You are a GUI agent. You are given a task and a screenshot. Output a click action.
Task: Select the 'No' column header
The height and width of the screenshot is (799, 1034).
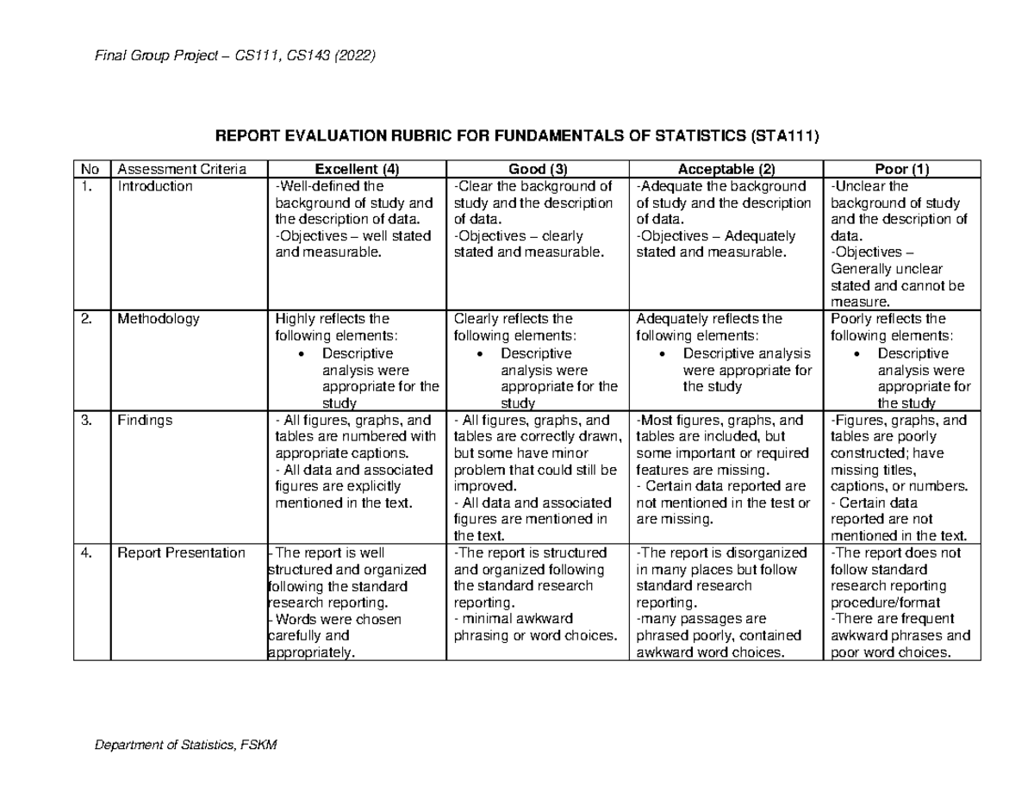coord(87,169)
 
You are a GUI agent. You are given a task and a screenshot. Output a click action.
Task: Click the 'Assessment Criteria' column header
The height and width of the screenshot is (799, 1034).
coord(182,169)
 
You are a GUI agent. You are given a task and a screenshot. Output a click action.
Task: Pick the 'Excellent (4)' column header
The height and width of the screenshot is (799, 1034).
coord(357,169)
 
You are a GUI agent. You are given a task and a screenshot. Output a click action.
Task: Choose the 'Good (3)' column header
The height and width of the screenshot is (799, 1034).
coord(537,169)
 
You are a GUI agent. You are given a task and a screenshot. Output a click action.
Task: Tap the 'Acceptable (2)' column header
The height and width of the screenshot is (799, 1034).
coord(726,169)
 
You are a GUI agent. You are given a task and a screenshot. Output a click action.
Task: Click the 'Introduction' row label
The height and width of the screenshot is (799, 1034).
coord(155,185)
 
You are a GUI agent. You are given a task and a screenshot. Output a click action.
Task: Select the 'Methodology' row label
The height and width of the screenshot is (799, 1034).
coord(159,319)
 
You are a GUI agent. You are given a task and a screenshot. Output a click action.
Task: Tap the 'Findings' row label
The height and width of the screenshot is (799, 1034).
coord(145,421)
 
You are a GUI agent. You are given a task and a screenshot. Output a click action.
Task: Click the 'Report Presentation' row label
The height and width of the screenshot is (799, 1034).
coord(181,553)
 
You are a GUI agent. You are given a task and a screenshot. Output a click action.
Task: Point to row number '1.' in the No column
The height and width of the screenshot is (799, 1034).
coord(84,185)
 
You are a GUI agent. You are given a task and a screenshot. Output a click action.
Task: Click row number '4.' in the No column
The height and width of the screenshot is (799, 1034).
coord(84,553)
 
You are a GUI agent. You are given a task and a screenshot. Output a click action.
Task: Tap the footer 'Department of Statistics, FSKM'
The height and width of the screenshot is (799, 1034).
coord(185,745)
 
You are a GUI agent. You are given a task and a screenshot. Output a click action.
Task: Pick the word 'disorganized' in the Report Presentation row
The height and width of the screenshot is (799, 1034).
coord(764,553)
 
